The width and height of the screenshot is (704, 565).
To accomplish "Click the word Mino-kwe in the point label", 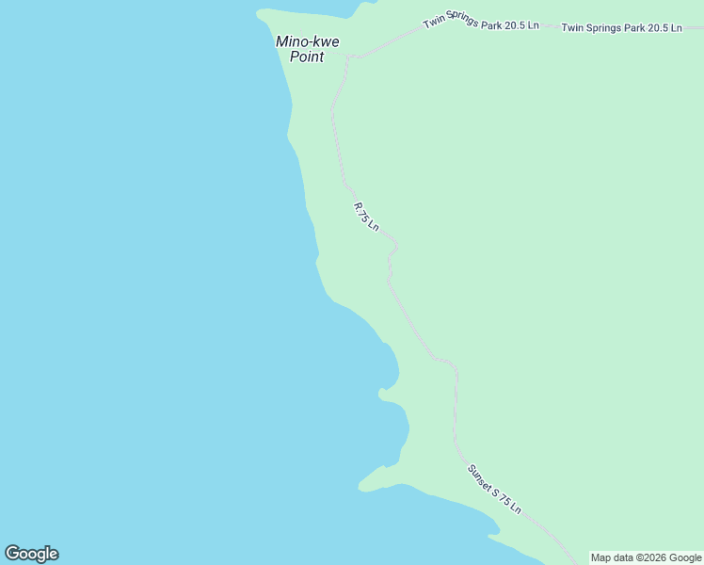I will click(x=307, y=41).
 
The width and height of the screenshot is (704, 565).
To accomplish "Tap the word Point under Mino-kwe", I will click(x=307, y=56).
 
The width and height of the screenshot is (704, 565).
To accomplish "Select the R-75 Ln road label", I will click(x=366, y=217).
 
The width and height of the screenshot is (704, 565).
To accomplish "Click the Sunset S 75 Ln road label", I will click(x=493, y=489).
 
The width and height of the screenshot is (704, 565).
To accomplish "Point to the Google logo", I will click(x=31, y=554).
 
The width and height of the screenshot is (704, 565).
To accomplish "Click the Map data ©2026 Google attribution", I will click(x=647, y=557).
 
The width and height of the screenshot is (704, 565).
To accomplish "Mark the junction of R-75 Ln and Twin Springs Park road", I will click(x=349, y=57).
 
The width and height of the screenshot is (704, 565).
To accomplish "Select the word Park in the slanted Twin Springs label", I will click(x=491, y=24).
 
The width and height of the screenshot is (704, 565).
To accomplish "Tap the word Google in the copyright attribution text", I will click(x=686, y=557).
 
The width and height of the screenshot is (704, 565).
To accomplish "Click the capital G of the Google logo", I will click(x=12, y=554).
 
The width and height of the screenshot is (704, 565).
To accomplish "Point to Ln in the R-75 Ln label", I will click(x=374, y=225).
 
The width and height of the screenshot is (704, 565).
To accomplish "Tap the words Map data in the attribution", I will click(x=613, y=557).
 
